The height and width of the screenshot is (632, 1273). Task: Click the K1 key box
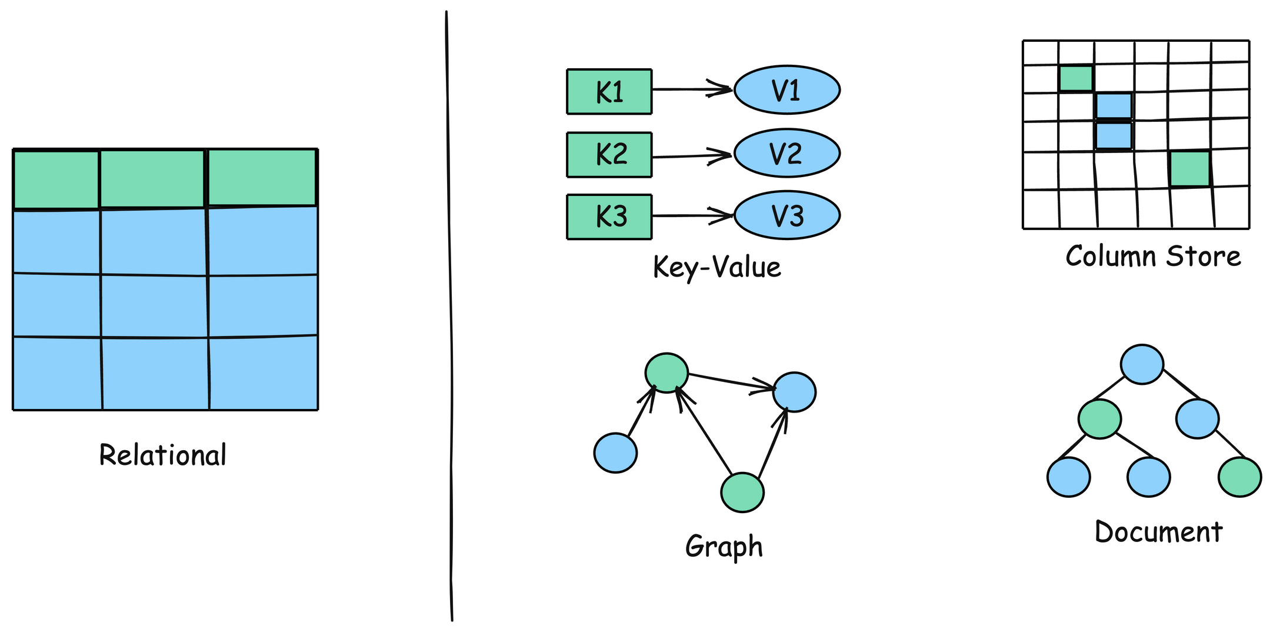609,92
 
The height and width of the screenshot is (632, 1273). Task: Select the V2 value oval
787,153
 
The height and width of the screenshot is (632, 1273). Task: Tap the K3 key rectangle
609,217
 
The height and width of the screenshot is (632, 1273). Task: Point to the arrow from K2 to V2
691,156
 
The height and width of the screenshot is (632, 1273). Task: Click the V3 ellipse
787,215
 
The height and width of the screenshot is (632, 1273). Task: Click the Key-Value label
717,268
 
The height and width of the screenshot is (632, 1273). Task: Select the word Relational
162,455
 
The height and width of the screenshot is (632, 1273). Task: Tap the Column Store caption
1152,257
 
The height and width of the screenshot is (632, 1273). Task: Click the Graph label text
724,546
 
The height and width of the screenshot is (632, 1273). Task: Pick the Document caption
1158,532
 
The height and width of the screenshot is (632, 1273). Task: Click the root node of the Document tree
1142,364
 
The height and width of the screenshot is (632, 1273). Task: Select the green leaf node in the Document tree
1239,477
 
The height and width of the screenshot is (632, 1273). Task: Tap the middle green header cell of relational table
152,179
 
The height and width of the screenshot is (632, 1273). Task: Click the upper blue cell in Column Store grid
1114,106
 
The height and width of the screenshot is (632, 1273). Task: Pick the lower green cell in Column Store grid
1189,169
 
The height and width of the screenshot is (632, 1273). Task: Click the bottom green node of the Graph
742,492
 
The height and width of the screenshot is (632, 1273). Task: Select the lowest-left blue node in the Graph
615,453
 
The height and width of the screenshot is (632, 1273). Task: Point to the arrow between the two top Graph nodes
729,381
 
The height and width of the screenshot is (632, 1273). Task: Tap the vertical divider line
450,318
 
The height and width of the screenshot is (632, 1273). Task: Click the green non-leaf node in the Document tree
1099,419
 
